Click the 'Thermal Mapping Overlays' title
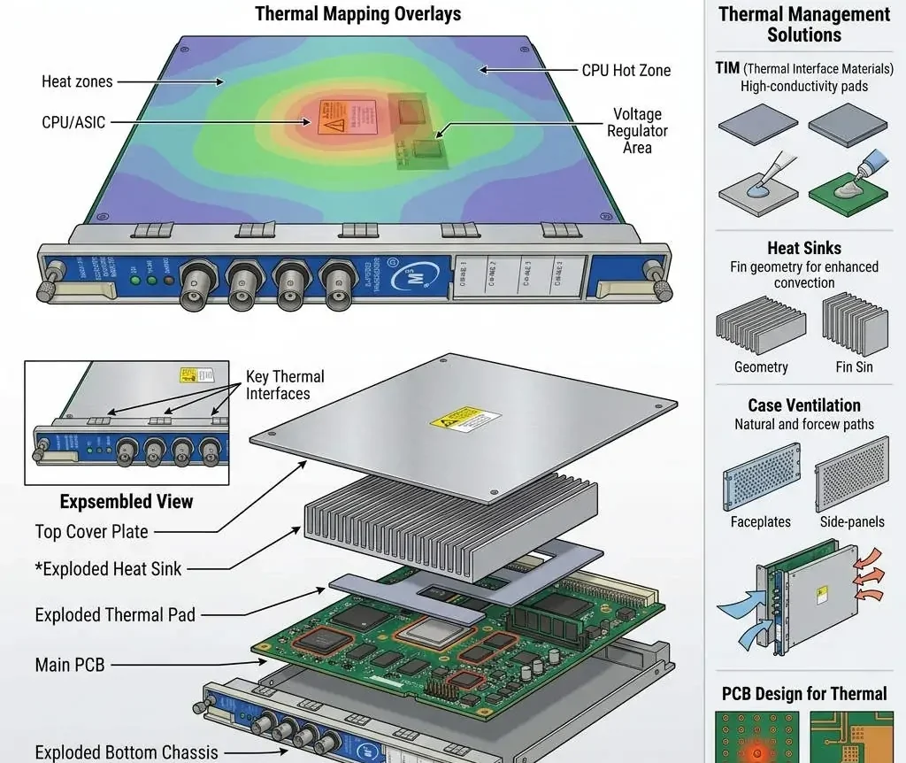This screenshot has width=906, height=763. [x=357, y=14]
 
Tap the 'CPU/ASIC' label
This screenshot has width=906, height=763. [x=73, y=123]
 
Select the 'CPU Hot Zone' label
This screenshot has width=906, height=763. [x=626, y=70]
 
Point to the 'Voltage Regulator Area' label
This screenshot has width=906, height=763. [x=637, y=131]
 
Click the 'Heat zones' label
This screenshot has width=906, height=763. [x=77, y=81]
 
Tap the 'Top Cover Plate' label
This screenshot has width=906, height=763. [x=91, y=532]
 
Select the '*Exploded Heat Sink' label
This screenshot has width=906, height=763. [x=108, y=569]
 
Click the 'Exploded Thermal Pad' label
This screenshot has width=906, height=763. [x=115, y=615]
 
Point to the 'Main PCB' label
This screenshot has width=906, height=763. [x=70, y=664]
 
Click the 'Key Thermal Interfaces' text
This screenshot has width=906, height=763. [x=285, y=385]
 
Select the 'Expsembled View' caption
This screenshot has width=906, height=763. [x=126, y=502]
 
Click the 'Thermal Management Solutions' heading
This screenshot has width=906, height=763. [x=803, y=25]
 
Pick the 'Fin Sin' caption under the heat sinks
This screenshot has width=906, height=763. [x=854, y=367]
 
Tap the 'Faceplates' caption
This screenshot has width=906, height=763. [x=760, y=522]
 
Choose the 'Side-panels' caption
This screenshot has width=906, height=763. [x=851, y=522]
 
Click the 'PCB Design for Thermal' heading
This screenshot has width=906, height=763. [x=803, y=694]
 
